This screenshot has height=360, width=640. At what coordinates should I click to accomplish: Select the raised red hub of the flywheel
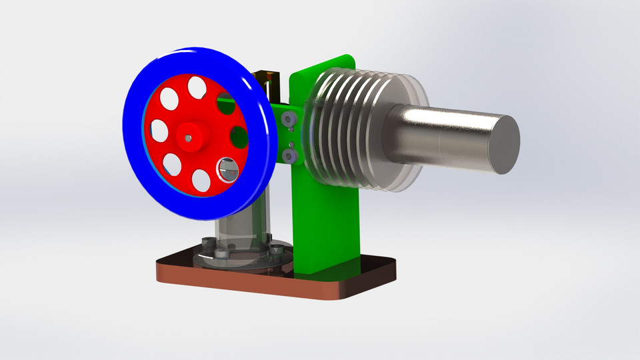[195, 133]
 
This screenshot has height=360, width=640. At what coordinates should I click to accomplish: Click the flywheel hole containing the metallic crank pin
[227, 170]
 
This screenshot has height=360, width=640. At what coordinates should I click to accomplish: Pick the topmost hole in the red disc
[197, 87]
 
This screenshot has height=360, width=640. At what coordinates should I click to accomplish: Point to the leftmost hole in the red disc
[159, 131]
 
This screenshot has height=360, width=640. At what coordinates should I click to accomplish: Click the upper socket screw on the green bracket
[288, 120]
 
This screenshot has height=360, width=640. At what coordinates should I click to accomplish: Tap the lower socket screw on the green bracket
[289, 155]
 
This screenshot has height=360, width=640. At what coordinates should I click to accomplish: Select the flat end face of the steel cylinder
[505, 144]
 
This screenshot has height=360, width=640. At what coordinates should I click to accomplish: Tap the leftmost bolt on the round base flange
[205, 242]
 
